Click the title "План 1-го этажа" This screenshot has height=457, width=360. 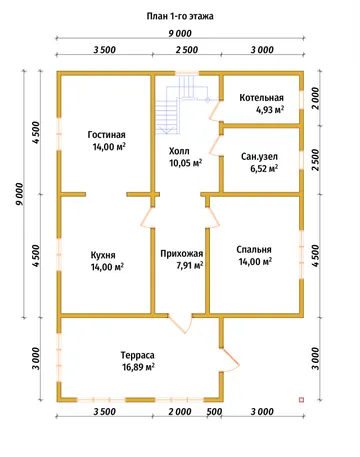click(x=180, y=16)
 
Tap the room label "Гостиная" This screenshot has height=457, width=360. click(x=107, y=135)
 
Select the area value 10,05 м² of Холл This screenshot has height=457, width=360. click(x=186, y=163)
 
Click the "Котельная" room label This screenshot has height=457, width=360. click(x=261, y=98)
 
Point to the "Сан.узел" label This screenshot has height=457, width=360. click(x=259, y=157)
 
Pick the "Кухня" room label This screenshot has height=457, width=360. click(x=103, y=255)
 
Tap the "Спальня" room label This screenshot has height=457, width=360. click(x=254, y=250)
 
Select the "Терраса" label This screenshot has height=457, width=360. click(x=138, y=355)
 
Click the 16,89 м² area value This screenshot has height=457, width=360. click(x=138, y=367)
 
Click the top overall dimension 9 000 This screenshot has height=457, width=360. click(x=180, y=34)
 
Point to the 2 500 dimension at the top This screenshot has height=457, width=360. click(x=187, y=50)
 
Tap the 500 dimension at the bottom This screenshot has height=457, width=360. click(x=214, y=412)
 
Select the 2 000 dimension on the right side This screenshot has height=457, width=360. click(x=315, y=98)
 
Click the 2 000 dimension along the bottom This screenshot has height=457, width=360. click(x=180, y=412)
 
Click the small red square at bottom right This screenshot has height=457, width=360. click(x=302, y=399)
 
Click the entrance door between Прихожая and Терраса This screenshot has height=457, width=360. click(x=180, y=322)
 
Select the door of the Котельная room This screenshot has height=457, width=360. click(x=215, y=111)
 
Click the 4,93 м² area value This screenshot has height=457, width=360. click(x=270, y=109)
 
